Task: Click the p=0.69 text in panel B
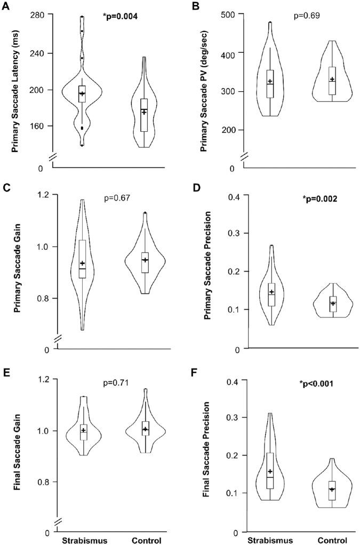click(x=307, y=16)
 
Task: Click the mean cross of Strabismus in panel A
click(x=82, y=94)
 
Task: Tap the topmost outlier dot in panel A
click(x=82, y=17)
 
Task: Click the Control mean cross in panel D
click(x=333, y=303)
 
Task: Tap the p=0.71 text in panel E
click(x=116, y=382)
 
